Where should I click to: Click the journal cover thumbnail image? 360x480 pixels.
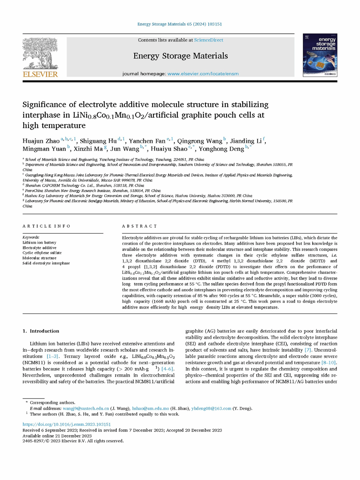point(320,55)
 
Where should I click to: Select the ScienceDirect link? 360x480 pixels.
point(208,40)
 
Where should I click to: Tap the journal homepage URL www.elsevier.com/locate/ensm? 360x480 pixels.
point(203,74)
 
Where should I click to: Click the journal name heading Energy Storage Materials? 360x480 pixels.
point(180,56)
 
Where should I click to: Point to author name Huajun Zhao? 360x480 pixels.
point(41,141)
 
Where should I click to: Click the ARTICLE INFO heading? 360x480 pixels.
point(46,226)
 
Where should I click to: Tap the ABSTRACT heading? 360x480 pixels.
point(140,226)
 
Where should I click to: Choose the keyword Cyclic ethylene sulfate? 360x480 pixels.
point(42,253)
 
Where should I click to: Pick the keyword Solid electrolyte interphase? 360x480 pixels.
point(46,263)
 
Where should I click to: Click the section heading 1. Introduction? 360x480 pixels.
point(41,331)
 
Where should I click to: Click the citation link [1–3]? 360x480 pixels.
point(52,356)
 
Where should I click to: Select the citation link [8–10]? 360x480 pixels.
point(328,363)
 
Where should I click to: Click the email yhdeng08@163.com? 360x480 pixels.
point(211,408)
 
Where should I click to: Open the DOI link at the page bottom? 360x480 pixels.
point(67,424)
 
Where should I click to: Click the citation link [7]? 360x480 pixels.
point(308,350)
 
